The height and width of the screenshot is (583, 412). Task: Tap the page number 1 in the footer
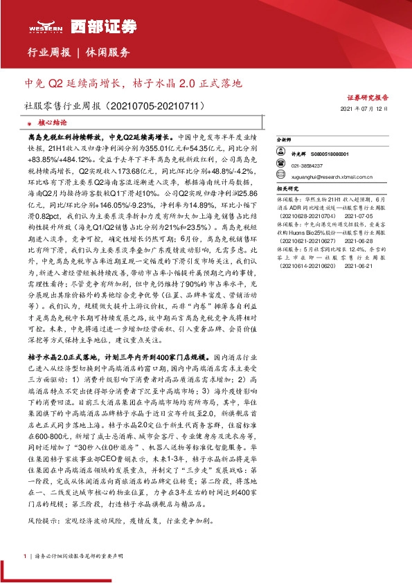point(25,555)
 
